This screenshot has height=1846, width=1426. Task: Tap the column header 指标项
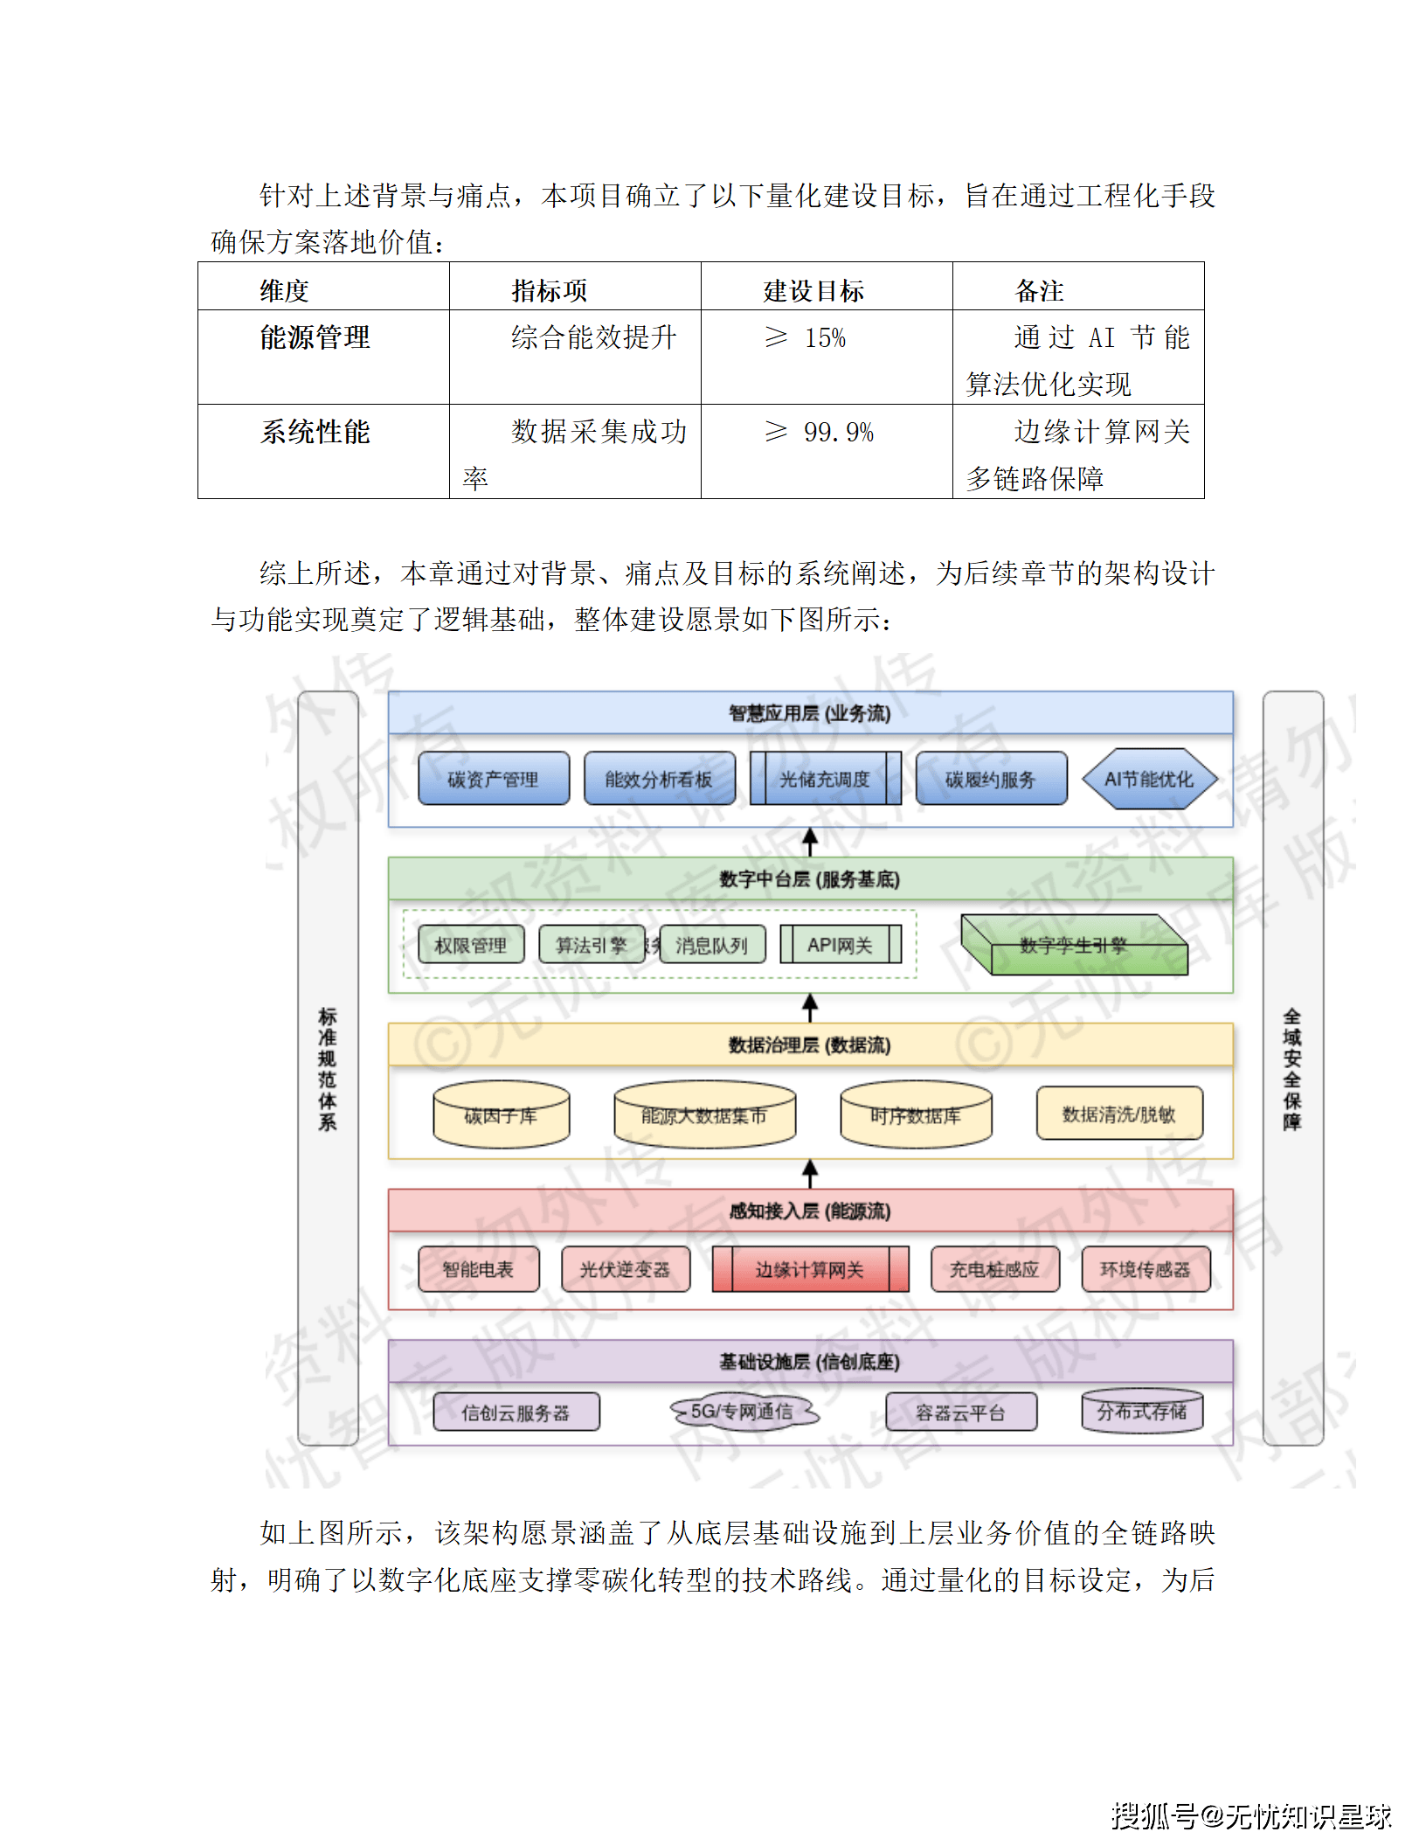(549, 290)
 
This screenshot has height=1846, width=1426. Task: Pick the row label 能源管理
(315, 338)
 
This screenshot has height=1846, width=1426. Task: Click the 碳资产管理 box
(494, 779)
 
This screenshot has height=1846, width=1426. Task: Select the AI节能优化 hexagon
(1149, 779)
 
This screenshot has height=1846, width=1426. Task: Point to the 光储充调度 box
(825, 779)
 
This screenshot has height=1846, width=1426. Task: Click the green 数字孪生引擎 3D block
(1074, 946)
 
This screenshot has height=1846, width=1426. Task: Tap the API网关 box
(840, 945)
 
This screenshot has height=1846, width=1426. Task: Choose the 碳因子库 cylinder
(501, 1115)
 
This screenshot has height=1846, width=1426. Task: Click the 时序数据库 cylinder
(916, 1115)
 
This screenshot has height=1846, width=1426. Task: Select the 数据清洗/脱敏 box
(1119, 1114)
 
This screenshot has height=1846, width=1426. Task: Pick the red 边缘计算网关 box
(810, 1270)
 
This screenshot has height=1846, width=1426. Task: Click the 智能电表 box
(478, 1270)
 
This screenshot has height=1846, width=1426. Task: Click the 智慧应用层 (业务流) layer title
(810, 713)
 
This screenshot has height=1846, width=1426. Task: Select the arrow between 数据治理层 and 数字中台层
(810, 1008)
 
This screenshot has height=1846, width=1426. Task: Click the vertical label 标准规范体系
(328, 1069)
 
